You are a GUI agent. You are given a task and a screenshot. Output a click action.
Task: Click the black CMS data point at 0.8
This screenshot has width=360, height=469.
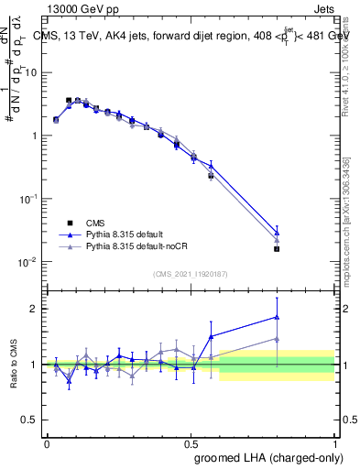(277, 248)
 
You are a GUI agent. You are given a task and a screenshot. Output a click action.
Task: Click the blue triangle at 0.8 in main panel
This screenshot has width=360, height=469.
(277, 233)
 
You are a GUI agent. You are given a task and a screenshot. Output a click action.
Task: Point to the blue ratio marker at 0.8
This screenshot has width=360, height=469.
(277, 317)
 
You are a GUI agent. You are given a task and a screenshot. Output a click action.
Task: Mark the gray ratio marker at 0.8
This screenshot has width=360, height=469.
(277, 339)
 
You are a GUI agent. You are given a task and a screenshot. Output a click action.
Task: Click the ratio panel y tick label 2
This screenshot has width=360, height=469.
(34, 309)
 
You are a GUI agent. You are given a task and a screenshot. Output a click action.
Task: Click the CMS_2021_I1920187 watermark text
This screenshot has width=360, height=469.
(190, 274)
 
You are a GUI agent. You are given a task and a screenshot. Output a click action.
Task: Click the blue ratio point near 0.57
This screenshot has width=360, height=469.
(211, 336)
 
